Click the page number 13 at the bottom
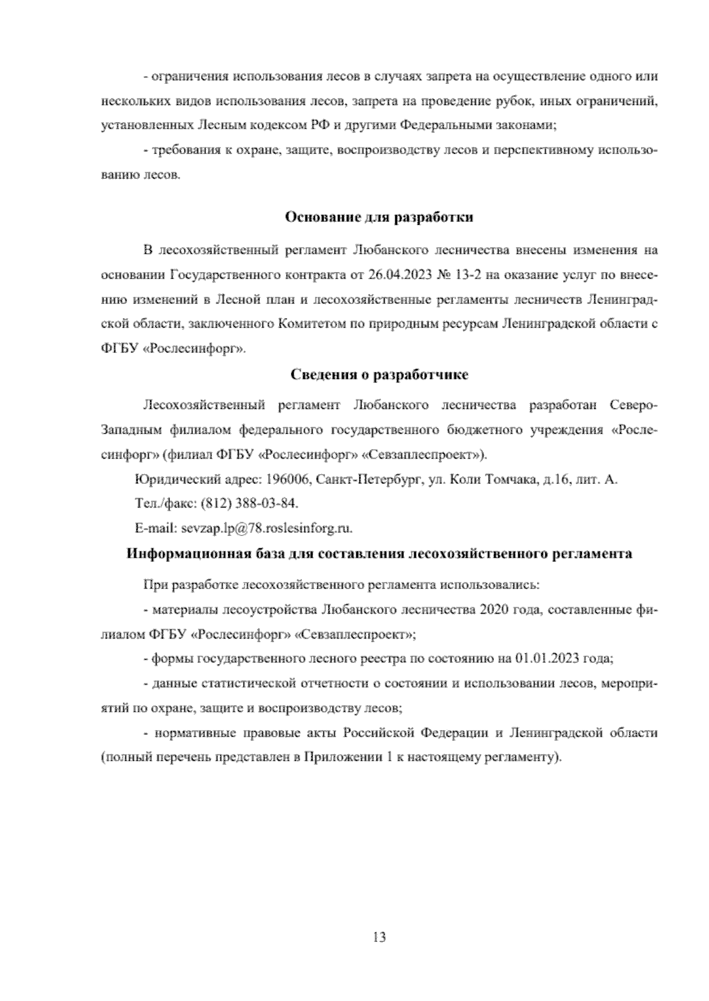(x=380, y=937)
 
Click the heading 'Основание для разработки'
(x=379, y=217)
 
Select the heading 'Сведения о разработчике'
(x=380, y=374)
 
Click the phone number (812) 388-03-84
(x=250, y=503)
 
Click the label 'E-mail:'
(x=155, y=528)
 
